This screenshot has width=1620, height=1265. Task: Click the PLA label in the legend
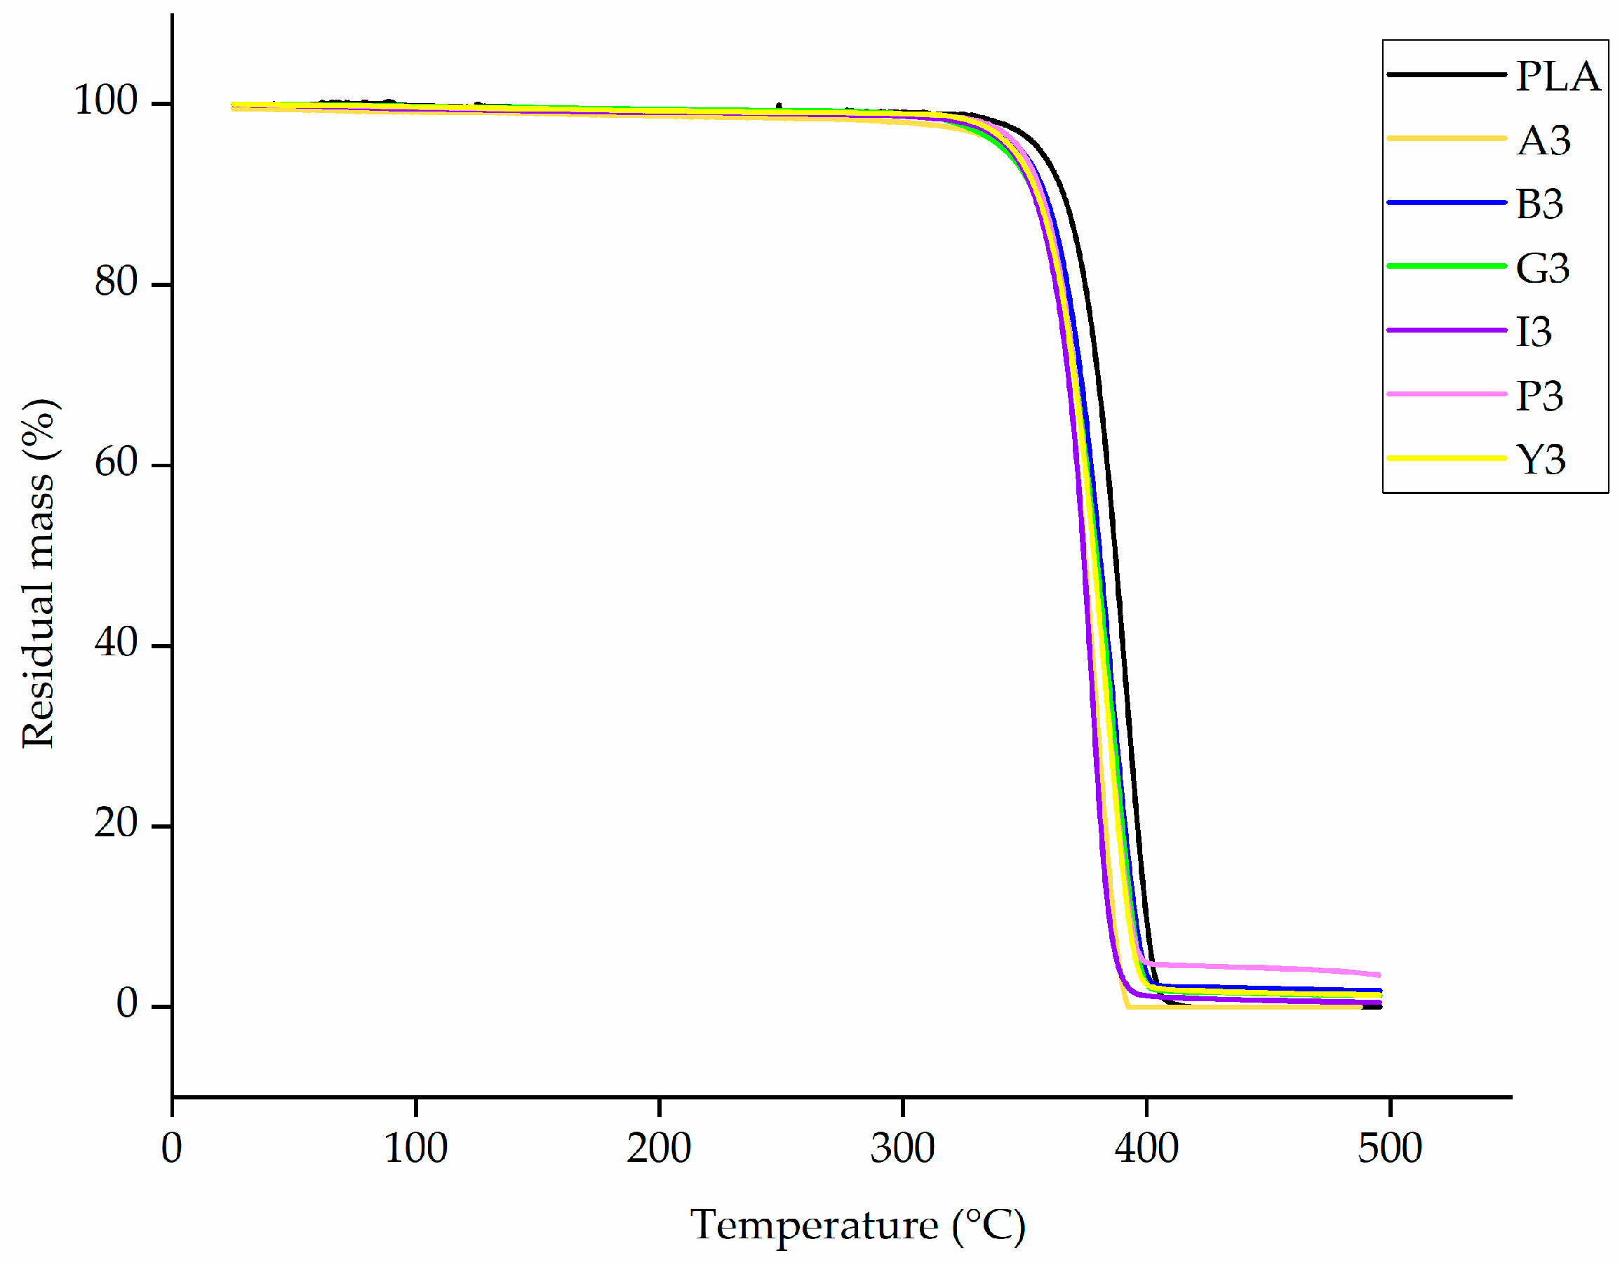coord(1557,76)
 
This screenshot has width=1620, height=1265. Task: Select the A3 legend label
coord(1544,140)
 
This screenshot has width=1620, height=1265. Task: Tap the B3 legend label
coord(1539,204)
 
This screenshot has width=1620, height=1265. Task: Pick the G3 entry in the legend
coord(1542,268)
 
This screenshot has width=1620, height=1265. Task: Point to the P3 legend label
coord(1539,396)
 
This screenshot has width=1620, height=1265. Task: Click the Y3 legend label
coord(1541,460)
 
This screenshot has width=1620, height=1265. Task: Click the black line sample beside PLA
coord(1446,74)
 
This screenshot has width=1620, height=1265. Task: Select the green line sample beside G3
coord(1446,266)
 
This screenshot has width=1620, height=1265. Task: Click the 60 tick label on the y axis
coord(116,462)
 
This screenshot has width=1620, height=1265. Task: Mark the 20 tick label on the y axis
coord(116,823)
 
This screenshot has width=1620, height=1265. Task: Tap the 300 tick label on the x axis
coord(902,1149)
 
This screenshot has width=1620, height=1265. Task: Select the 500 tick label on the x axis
coord(1389,1149)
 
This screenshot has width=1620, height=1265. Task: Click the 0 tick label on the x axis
coord(171,1149)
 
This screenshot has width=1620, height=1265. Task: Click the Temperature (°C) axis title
coord(857,1225)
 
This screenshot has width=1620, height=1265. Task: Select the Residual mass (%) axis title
coord(39,573)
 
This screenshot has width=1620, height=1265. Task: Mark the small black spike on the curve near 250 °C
coord(779,106)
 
